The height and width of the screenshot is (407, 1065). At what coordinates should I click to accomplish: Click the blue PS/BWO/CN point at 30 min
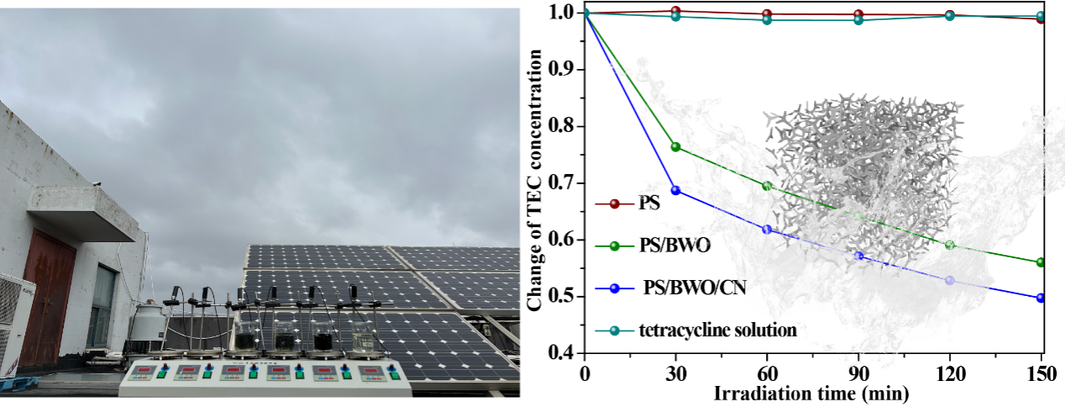click(x=675, y=190)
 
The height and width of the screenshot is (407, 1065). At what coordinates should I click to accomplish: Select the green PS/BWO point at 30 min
click(x=675, y=147)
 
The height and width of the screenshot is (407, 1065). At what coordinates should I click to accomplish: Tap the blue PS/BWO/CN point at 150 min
click(x=1041, y=298)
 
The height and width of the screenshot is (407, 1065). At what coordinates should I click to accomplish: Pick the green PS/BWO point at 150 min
click(x=1041, y=262)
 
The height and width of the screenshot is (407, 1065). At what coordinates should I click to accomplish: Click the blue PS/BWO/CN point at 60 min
click(x=766, y=230)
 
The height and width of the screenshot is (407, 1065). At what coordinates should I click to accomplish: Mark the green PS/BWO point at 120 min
click(x=950, y=246)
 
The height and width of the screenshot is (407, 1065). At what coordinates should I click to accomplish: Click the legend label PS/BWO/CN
click(x=695, y=288)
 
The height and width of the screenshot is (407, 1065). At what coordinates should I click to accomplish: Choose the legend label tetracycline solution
click(x=719, y=330)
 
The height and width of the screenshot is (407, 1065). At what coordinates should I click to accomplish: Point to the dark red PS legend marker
click(x=614, y=203)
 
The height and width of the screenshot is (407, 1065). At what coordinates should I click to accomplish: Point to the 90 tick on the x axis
click(x=858, y=372)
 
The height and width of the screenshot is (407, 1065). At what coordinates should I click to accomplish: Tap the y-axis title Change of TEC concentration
click(x=535, y=181)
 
